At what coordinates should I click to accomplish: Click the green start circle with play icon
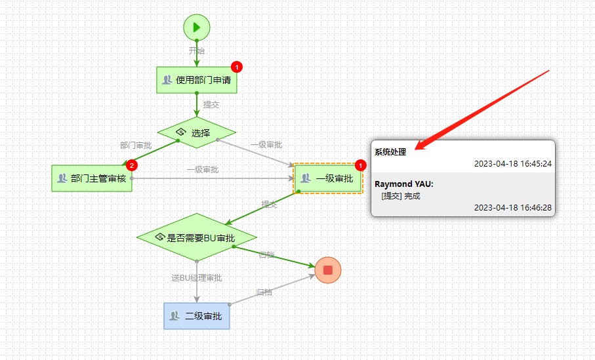pos(197,28)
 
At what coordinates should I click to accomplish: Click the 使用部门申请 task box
pos(197,80)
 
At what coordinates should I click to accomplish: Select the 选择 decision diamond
pos(197,133)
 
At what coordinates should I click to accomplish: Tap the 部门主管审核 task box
pos(92,178)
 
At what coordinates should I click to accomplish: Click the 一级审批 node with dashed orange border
pos(328,178)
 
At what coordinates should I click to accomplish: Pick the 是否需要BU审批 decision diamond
pos(197,237)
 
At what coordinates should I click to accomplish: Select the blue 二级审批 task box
pos(197,316)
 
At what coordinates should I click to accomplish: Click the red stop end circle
pos(328,270)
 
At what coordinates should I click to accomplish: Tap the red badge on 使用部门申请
pos(237,67)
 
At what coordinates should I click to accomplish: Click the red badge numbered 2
pos(132,165)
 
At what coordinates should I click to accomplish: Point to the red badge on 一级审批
pos(359,165)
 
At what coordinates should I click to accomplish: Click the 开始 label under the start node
pos(197,50)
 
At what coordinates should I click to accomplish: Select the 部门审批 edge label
pos(136,145)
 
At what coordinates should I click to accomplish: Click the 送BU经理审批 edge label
pos(197,278)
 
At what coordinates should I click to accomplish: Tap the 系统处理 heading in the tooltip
pos(390,152)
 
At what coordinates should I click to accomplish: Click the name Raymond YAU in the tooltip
pos(403,184)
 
